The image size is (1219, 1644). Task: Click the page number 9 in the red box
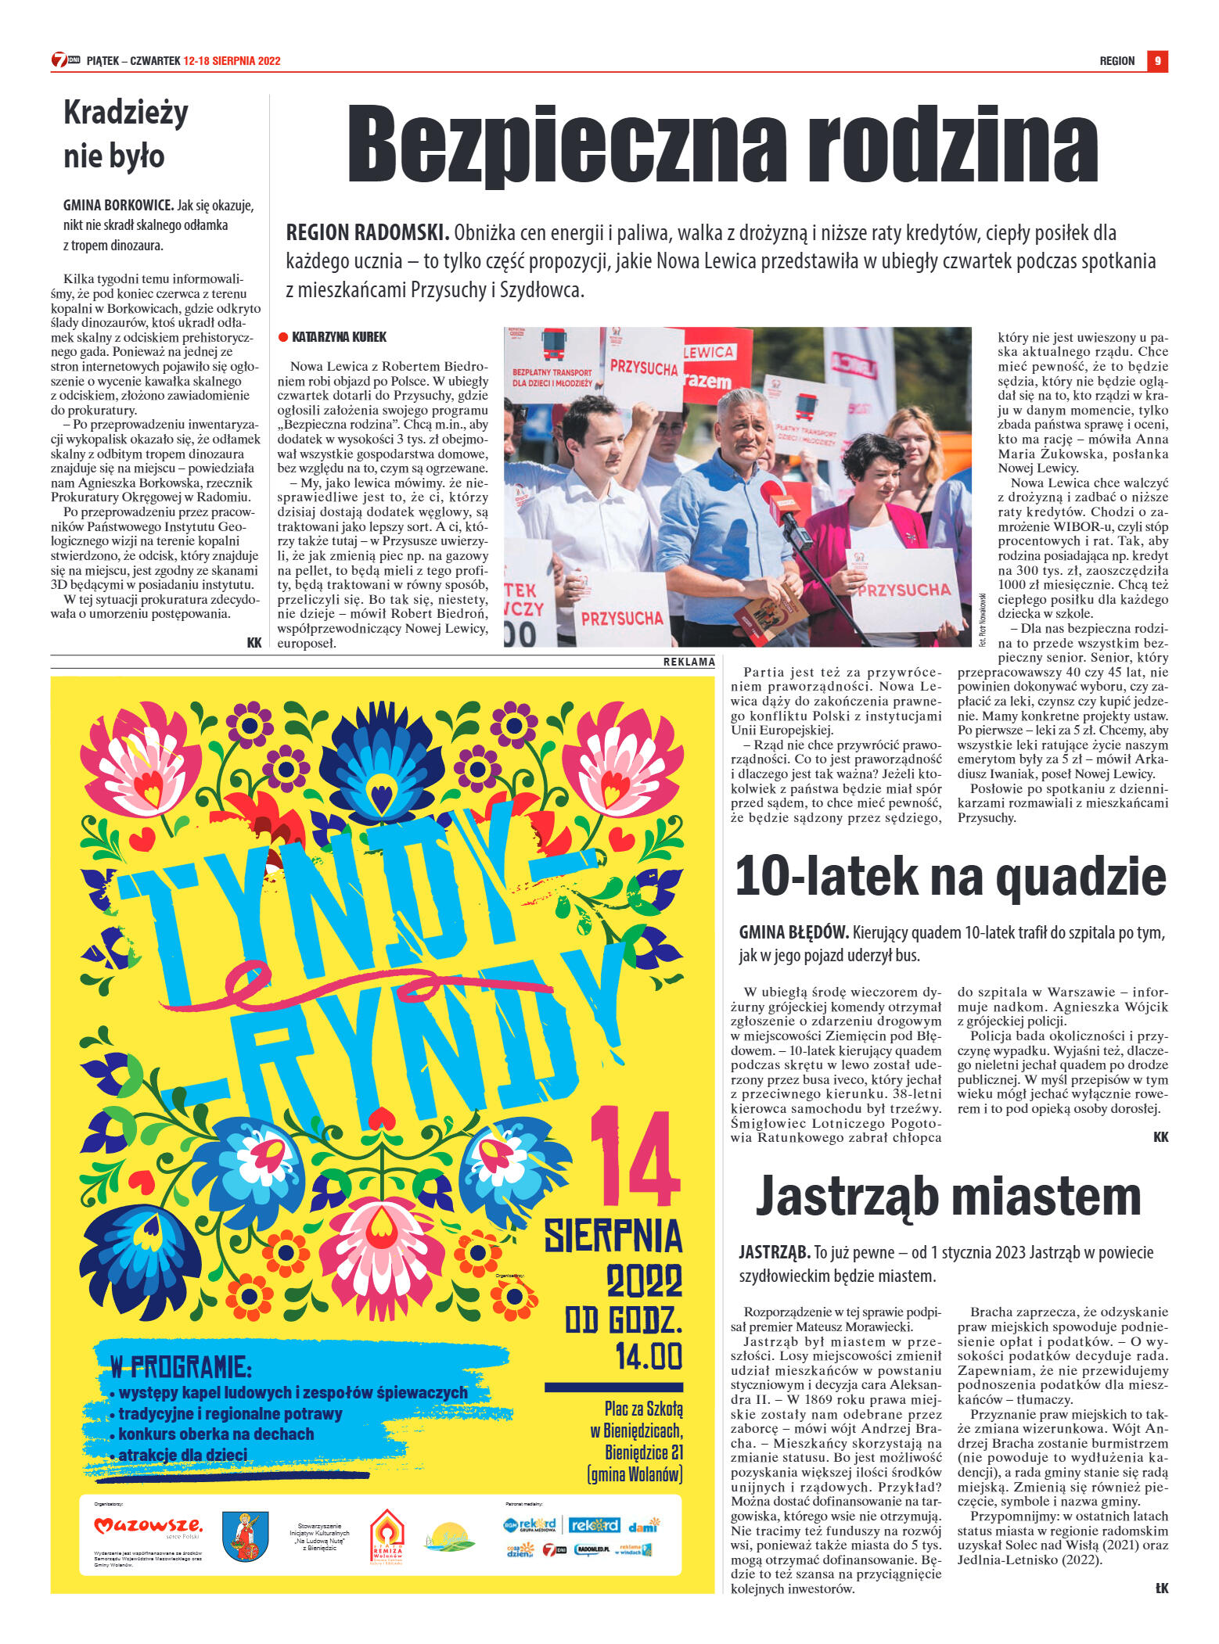point(1157,61)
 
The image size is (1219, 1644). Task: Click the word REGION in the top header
point(1117,61)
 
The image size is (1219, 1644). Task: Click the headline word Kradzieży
point(126,114)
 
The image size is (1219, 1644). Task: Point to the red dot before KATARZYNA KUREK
point(283,337)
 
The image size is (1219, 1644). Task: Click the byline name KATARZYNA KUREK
point(339,337)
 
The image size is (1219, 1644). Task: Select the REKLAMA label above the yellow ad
point(689,662)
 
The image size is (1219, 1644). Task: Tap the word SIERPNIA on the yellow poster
point(613,1237)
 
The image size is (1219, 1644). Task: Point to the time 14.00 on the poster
point(648,1356)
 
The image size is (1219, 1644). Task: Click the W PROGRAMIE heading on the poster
point(181,1366)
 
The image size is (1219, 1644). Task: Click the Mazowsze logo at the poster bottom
point(148,1525)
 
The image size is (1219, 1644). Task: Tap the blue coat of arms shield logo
point(245,1536)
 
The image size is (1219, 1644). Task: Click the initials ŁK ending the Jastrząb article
point(1160,1588)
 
